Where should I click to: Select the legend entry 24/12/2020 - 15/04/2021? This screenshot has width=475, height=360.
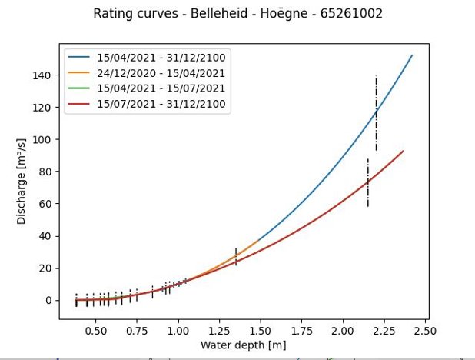coord(161,74)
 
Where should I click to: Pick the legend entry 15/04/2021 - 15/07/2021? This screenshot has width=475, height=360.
coord(161,89)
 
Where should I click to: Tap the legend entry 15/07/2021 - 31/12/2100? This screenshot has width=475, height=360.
coord(161,105)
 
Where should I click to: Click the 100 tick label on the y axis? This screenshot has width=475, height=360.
coord(42,139)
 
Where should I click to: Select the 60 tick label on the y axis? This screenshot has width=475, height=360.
coord(45,204)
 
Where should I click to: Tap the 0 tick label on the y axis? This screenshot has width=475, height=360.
coord(48,300)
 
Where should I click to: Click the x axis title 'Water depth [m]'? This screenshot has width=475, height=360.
coord(243,345)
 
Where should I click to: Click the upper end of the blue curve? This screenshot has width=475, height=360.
coord(412,55)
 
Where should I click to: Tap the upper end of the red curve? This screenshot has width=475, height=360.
coord(403,151)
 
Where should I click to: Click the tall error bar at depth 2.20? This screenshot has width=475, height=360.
coord(376,113)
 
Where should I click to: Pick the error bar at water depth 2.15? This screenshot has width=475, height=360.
coord(367,182)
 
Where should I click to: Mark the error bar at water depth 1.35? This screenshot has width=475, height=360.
coord(236,257)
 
